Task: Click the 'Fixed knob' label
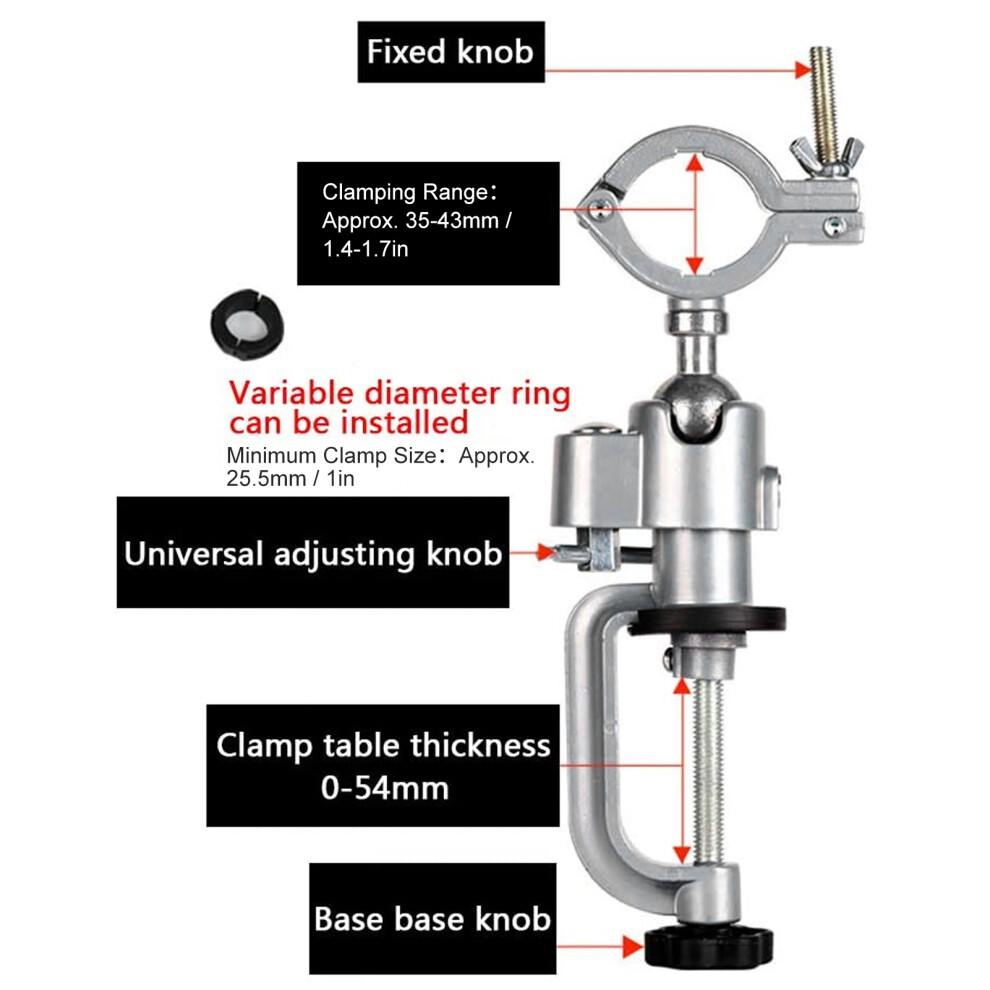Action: point(450,52)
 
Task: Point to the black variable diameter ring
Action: point(247,324)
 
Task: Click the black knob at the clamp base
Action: point(708,946)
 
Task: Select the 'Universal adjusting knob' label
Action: point(313,553)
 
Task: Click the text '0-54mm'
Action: point(385,788)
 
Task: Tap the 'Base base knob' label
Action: point(432,919)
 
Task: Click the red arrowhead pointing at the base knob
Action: point(632,946)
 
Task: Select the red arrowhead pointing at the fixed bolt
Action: point(802,69)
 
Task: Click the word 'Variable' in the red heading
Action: point(291,393)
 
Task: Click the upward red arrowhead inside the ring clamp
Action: point(695,164)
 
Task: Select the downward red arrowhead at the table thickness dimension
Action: point(682,854)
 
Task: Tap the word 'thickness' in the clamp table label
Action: point(480,745)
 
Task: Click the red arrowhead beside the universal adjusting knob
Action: point(545,553)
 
